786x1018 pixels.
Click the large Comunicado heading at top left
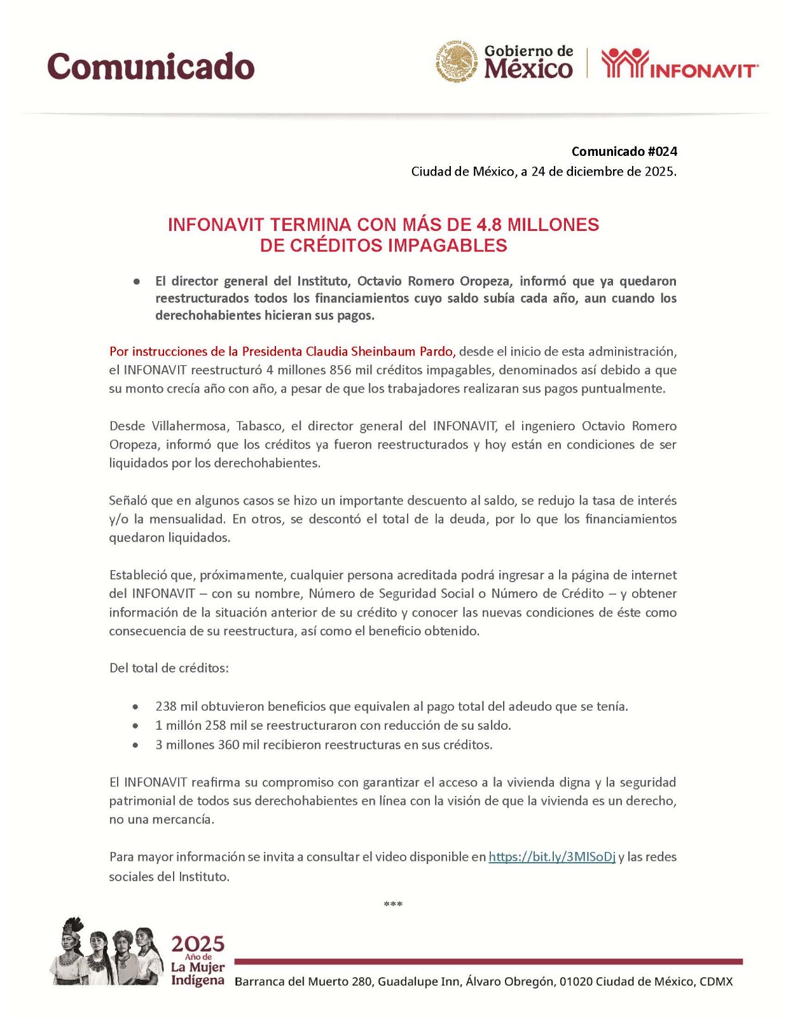[x=151, y=66]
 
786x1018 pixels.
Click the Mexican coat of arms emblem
[x=456, y=62]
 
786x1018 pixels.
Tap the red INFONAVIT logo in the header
[x=679, y=64]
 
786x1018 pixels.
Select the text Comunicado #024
[x=624, y=151]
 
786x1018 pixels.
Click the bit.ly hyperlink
[x=551, y=857]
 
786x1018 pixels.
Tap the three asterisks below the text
[x=393, y=904]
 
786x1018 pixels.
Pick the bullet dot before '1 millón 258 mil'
[x=135, y=725]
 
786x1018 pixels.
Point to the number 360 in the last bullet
[x=228, y=744]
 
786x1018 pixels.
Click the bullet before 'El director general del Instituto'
[x=136, y=281]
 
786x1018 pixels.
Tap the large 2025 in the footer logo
[x=198, y=944]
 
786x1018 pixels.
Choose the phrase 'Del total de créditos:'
[x=169, y=668]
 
